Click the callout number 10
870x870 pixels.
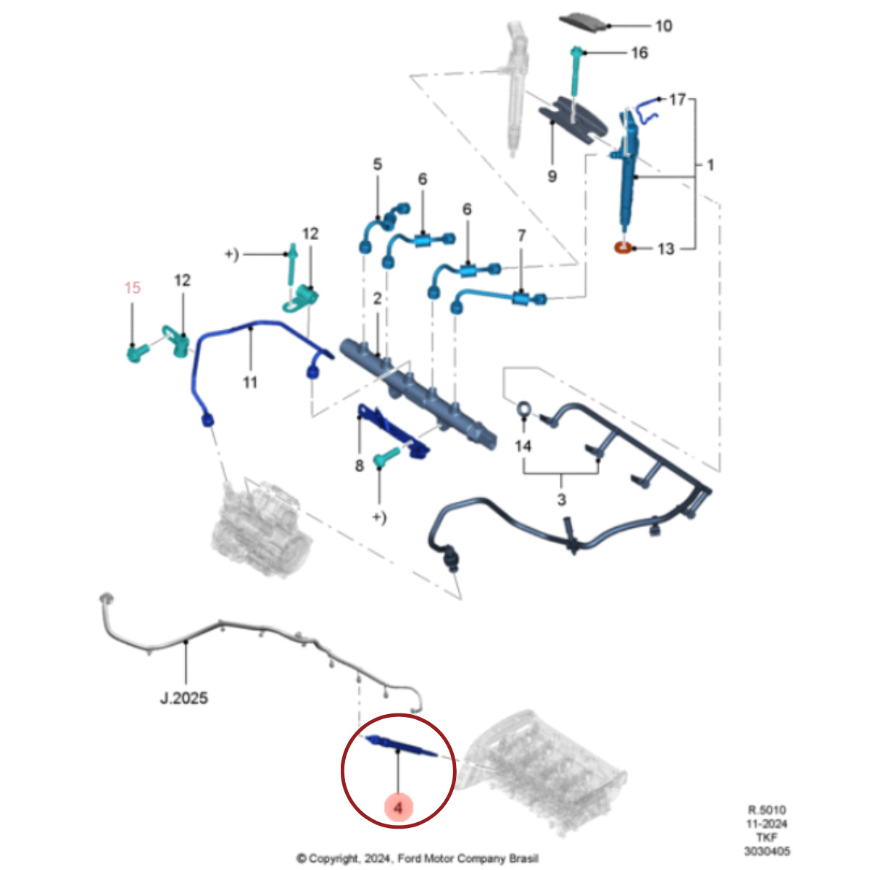click(x=663, y=26)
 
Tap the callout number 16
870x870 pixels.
click(x=639, y=53)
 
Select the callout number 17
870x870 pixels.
click(x=676, y=99)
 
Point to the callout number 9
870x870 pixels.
click(x=552, y=175)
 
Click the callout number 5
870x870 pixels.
click(x=377, y=165)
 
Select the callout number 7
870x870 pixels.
click(x=522, y=236)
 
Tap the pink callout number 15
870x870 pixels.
click(x=132, y=288)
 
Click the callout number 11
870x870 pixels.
click(x=250, y=381)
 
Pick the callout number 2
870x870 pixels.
click(x=377, y=298)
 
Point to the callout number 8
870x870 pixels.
click(x=359, y=465)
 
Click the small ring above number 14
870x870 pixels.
click(x=523, y=410)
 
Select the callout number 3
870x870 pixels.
click(x=561, y=500)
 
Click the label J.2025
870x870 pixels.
click(x=183, y=698)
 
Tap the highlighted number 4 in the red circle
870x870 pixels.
click(x=399, y=806)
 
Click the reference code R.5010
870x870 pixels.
click(x=766, y=810)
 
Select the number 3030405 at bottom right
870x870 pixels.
click(x=766, y=851)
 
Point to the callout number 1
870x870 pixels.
click(x=710, y=165)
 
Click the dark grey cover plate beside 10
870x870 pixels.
click(x=587, y=22)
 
